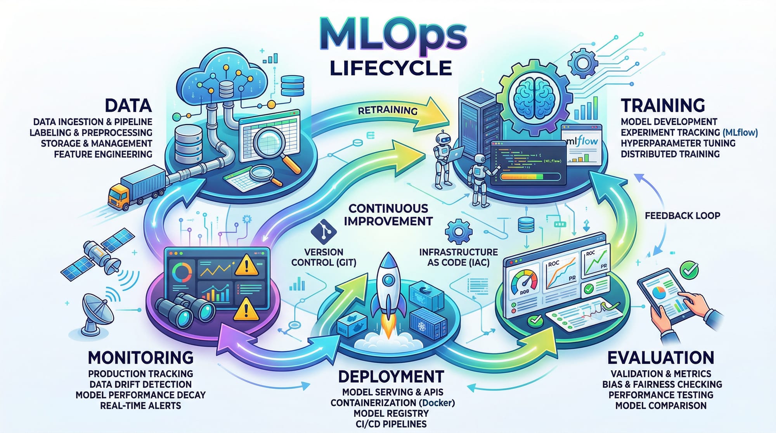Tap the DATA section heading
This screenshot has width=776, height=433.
(128, 106)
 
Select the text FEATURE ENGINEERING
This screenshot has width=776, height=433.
(103, 154)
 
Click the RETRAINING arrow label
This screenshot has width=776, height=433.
(387, 110)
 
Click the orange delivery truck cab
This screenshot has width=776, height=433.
(119, 196)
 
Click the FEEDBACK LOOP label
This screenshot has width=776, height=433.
(682, 215)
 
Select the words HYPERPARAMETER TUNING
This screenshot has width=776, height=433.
(678, 143)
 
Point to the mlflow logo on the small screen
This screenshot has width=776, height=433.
(582, 142)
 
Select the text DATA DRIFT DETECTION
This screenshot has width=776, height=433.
(140, 385)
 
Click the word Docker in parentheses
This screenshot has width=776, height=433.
(436, 403)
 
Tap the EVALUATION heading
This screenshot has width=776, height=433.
(660, 358)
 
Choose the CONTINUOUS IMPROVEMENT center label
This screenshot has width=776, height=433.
(388, 215)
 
